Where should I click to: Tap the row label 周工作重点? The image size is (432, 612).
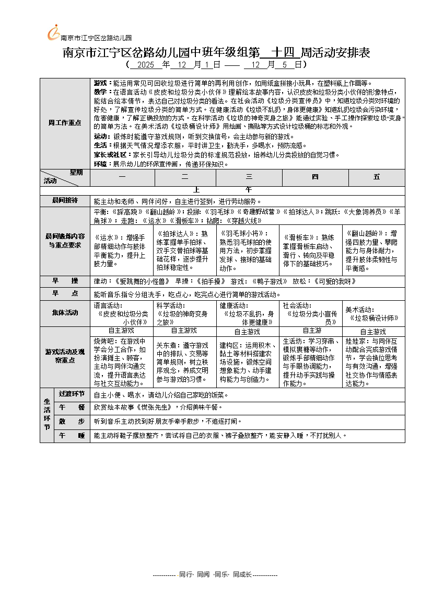pos(65,122)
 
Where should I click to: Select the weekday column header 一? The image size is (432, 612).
pos(122,177)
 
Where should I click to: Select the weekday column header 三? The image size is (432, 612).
pos(249,177)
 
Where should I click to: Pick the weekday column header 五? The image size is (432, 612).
pos(377,177)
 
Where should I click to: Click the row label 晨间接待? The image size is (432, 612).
pos(65,201)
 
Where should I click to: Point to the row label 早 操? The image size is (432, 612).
pos(65,281)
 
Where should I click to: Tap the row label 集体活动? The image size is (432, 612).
pos(65,313)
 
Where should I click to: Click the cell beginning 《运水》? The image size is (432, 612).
pos(122,250)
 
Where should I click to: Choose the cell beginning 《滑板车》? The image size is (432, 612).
pos(312,250)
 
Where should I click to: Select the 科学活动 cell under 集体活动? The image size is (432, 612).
pos(185,313)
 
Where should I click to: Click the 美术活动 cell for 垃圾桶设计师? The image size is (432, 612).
pos(374,313)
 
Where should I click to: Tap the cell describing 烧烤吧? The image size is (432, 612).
pos(122,361)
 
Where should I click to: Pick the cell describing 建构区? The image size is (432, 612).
pos(249,361)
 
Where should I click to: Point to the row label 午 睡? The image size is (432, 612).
pos(72,435)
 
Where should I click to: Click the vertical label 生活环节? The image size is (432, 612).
pos(46,415)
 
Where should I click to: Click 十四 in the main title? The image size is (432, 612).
pos(279,53)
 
